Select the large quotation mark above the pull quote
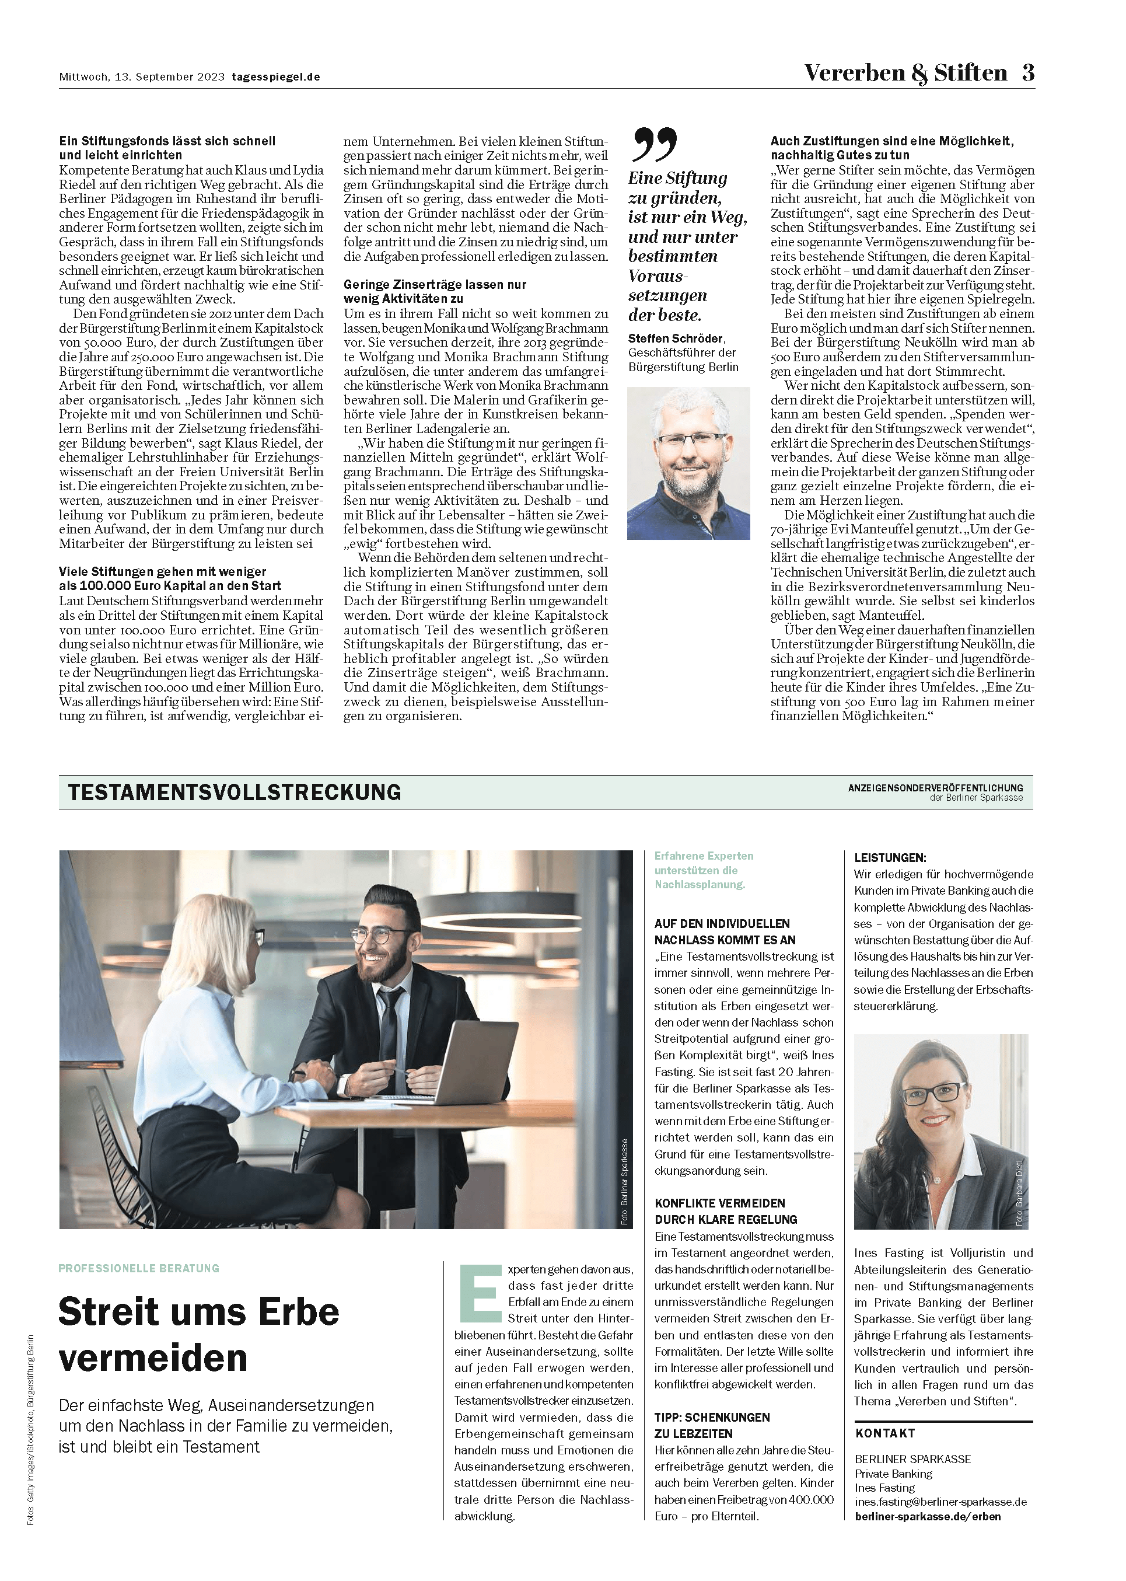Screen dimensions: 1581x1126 [x=654, y=144]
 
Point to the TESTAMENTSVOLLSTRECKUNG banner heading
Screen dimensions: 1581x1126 [x=235, y=792]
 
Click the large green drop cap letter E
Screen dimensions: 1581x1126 [x=480, y=1293]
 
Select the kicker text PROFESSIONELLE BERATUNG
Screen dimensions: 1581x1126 [x=139, y=1268]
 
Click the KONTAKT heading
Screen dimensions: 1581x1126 [x=884, y=1433]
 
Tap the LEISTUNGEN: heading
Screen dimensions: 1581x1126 [x=890, y=858]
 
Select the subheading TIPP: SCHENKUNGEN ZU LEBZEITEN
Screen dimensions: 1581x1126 [x=712, y=1426]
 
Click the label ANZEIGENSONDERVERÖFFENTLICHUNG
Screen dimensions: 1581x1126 [x=935, y=788]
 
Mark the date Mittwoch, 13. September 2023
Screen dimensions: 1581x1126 [x=141, y=77]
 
